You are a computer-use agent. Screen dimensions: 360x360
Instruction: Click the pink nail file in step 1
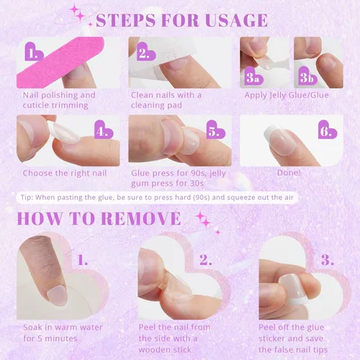(60, 63)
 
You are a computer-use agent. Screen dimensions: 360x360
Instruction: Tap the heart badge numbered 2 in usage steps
(146, 52)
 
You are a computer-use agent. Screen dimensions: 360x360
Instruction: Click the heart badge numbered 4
(104, 130)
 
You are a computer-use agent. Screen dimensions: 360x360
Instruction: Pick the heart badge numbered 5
(215, 130)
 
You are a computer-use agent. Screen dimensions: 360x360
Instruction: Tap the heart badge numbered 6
(328, 130)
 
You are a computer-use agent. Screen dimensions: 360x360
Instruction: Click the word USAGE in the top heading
(236, 20)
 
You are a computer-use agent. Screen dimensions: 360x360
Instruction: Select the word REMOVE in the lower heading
(140, 219)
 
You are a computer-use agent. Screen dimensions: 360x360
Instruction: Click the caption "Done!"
(289, 173)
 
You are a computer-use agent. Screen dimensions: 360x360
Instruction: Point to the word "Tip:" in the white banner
(27, 197)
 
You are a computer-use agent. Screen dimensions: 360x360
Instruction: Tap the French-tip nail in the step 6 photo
(281, 140)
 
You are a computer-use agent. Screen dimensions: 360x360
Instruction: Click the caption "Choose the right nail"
(65, 173)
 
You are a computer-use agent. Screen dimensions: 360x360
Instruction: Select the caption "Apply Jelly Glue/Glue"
(287, 95)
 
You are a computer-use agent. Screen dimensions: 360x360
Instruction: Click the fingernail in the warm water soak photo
(57, 295)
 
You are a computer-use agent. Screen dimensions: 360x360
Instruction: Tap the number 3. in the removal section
(328, 260)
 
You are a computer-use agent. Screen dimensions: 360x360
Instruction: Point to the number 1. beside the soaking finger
(82, 260)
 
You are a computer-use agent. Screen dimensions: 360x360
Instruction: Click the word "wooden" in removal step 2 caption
(153, 350)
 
